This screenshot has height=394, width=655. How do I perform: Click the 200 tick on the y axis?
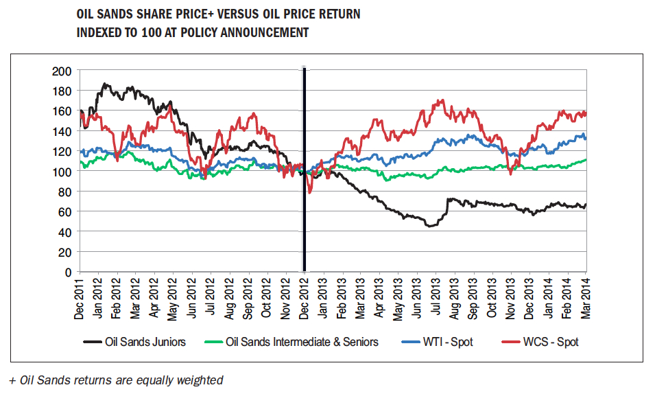coord(62,71)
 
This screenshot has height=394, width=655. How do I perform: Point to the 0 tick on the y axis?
coord(67,273)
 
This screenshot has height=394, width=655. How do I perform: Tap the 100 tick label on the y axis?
coord(62,172)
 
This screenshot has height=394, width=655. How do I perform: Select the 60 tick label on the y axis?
coord(64,212)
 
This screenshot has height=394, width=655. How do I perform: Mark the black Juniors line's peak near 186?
coord(105,84)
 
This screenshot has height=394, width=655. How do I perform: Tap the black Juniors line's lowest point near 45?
coord(431,226)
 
